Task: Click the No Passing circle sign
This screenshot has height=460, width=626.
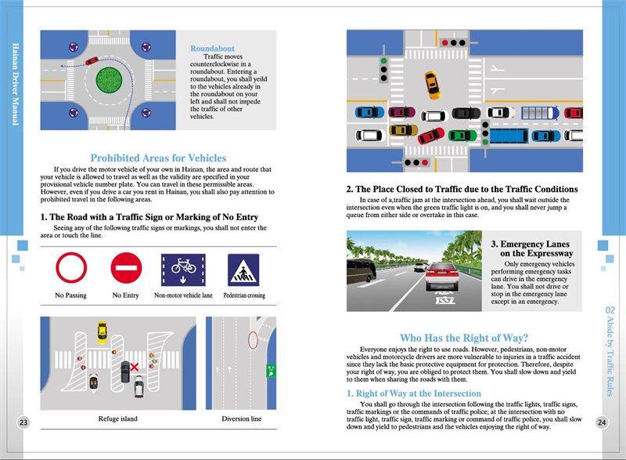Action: (71, 269)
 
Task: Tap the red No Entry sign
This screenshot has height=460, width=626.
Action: (125, 269)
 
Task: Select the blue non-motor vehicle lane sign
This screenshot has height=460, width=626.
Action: (183, 269)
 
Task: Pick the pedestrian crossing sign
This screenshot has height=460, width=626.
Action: (243, 269)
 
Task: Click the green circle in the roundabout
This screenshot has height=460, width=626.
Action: (109, 81)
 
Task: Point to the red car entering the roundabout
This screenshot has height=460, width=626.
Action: (92, 60)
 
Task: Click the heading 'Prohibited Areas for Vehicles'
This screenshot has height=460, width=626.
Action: (158, 158)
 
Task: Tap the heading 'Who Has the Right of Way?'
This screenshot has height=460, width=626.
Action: (462, 339)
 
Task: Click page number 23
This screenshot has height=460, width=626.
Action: (23, 422)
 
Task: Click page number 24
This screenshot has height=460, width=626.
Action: (602, 422)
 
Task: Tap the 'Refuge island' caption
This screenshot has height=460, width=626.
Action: (117, 418)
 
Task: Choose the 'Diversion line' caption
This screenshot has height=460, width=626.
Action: (241, 418)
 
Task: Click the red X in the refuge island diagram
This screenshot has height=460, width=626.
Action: (135, 366)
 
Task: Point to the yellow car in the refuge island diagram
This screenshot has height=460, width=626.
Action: (101, 332)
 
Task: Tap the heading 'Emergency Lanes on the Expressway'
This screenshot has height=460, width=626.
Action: (531, 249)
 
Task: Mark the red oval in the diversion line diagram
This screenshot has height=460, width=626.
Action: (252, 341)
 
